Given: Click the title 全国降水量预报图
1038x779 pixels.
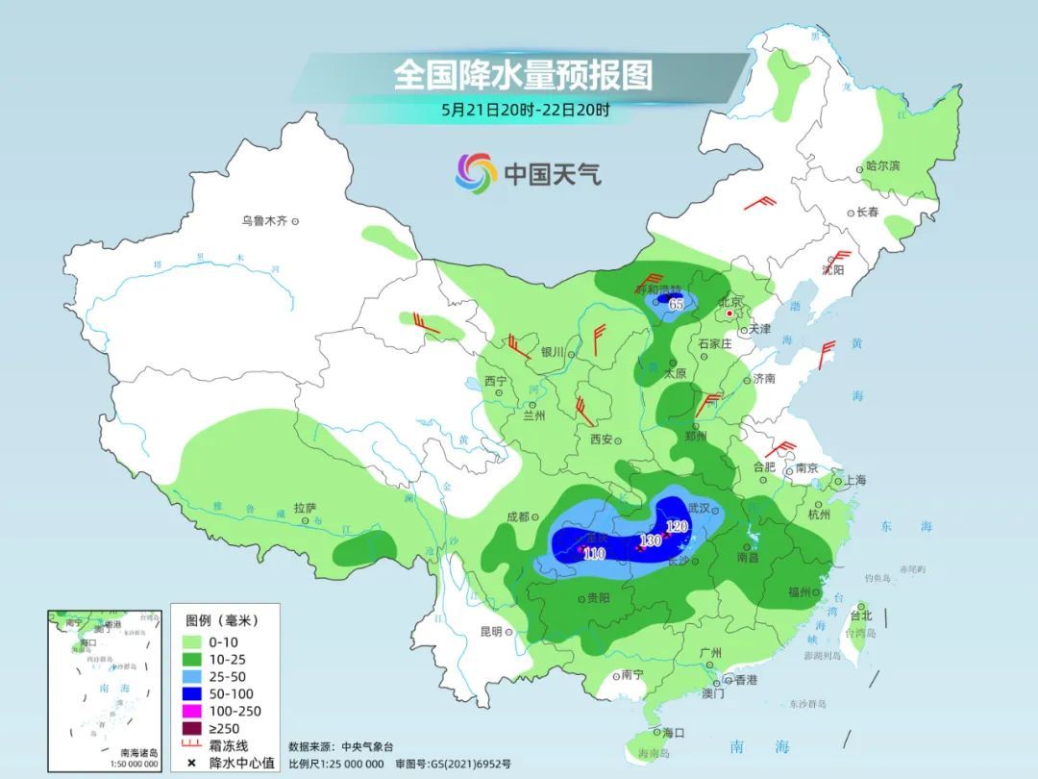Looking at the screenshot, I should click(523, 75).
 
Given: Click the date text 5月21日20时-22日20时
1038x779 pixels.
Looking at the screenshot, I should click(525, 110).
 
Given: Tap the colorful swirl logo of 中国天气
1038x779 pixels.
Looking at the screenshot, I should click(475, 173).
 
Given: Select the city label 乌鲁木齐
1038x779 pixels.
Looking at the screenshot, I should click(264, 221).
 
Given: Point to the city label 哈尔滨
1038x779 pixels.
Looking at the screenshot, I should click(883, 166).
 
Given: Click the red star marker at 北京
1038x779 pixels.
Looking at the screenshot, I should click(730, 314).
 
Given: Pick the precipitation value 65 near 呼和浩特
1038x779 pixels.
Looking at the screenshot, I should click(677, 304).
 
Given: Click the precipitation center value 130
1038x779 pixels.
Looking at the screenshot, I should click(651, 541).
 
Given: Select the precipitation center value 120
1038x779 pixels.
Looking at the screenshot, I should click(678, 526).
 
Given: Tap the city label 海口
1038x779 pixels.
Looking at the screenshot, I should click(674, 733).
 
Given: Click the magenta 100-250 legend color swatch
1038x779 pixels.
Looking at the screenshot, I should click(191, 711).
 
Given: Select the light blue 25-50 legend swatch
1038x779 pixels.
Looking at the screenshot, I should click(191, 676).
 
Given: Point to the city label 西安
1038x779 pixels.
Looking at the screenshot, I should click(602, 439).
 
